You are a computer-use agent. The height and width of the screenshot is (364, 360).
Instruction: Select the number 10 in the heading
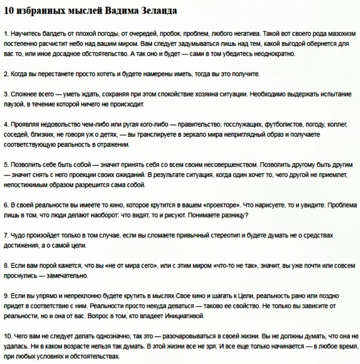tap(8, 11)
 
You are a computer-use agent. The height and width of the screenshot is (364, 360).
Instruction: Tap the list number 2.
tap(5, 74)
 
